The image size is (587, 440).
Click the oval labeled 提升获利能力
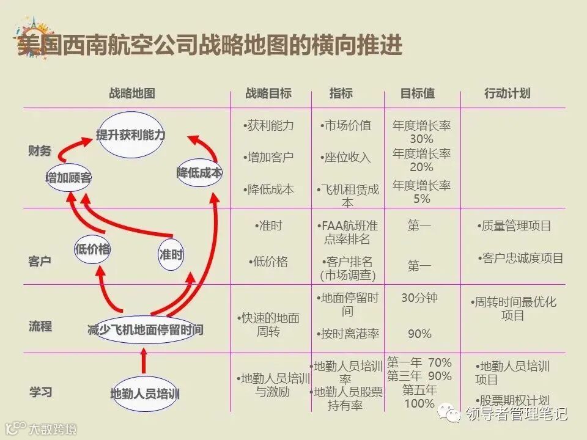131,135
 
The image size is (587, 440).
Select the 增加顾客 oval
69,177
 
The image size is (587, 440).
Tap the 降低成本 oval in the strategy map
199,173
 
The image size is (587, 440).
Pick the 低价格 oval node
92,249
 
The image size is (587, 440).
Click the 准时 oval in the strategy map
171,255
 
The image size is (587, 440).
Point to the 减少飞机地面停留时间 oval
145,330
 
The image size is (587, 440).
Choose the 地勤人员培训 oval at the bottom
145,393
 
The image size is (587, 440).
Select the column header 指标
341,94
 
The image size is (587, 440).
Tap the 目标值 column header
418,94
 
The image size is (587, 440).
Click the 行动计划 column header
507,94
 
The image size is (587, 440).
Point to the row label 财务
40,151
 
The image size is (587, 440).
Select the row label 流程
40,326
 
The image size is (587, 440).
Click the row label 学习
40,392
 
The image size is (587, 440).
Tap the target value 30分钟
419,298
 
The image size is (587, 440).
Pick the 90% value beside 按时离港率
419,334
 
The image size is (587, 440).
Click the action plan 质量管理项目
515,226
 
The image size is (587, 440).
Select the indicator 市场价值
347,125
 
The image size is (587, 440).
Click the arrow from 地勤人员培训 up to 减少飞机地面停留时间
144,361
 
